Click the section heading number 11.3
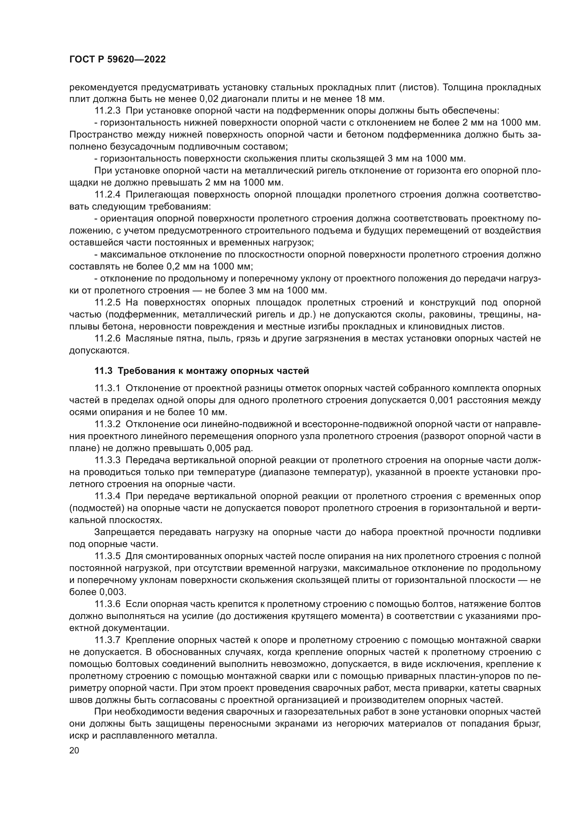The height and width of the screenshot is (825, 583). click(x=104, y=371)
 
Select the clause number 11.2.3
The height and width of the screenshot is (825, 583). click(x=108, y=111)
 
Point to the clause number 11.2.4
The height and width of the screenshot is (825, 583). click(x=108, y=195)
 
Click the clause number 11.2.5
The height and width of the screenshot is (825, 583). click(x=108, y=303)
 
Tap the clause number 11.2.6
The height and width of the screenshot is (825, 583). click(x=108, y=339)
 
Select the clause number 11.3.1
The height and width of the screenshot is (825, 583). click(x=108, y=388)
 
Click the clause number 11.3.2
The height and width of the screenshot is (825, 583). click(x=108, y=424)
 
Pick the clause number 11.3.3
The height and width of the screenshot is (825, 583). click(x=108, y=460)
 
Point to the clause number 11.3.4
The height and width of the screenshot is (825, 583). click(x=108, y=496)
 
